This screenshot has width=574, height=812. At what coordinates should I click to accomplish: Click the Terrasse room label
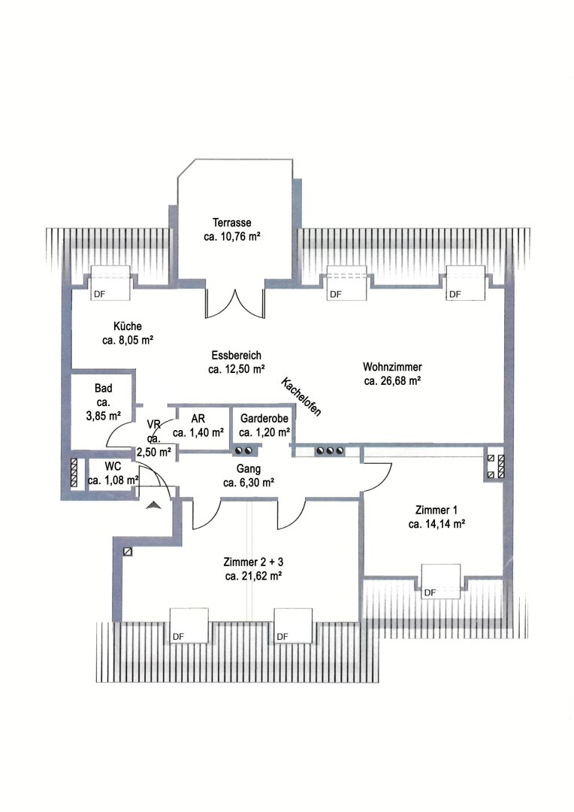(232, 223)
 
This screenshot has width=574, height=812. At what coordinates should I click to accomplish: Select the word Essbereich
(236, 355)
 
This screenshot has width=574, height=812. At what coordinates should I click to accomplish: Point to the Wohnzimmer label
(392, 367)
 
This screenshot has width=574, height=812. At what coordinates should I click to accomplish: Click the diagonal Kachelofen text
(301, 397)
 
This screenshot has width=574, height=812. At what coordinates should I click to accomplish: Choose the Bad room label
(104, 388)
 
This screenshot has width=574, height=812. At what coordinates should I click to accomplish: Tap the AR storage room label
(198, 419)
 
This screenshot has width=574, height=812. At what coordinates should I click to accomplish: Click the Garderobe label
(264, 419)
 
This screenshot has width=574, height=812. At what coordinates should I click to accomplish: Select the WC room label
(113, 466)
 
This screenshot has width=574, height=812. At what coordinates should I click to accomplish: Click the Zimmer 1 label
(437, 510)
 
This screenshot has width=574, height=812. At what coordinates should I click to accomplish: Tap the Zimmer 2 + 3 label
(253, 562)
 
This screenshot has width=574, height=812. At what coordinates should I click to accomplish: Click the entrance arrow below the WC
(154, 505)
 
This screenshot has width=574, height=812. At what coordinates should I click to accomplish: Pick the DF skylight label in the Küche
(99, 294)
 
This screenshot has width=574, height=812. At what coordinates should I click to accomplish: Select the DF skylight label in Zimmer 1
(430, 592)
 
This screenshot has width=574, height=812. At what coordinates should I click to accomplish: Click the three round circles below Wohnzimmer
(331, 451)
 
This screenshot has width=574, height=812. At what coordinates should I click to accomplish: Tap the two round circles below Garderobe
(243, 451)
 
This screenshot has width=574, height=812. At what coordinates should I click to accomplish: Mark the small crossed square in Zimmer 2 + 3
(128, 552)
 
